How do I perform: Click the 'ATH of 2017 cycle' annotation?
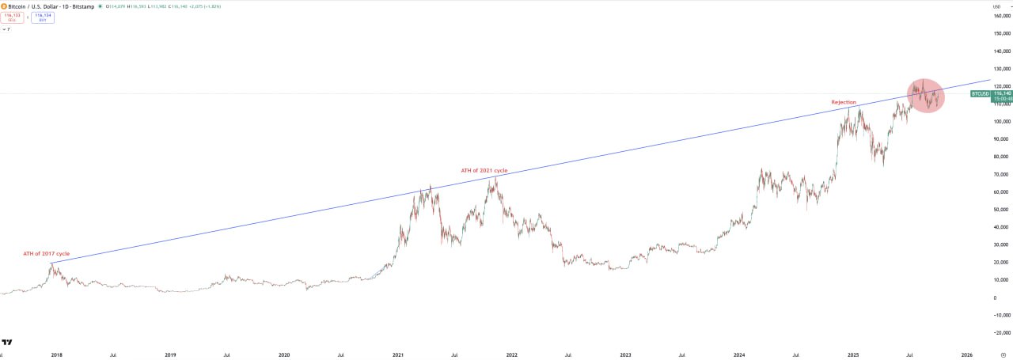point(46,254)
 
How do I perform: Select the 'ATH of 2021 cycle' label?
point(484,171)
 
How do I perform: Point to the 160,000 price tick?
point(1002,16)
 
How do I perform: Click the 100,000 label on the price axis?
point(1002,122)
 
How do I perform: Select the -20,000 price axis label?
point(1002,333)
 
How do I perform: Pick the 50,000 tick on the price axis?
point(1002,210)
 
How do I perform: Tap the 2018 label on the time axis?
point(57,356)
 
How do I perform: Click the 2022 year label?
point(511,356)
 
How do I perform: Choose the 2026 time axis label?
point(966,356)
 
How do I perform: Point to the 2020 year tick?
point(284,356)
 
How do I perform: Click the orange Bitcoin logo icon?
point(4,6)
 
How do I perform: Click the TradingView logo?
point(6,343)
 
